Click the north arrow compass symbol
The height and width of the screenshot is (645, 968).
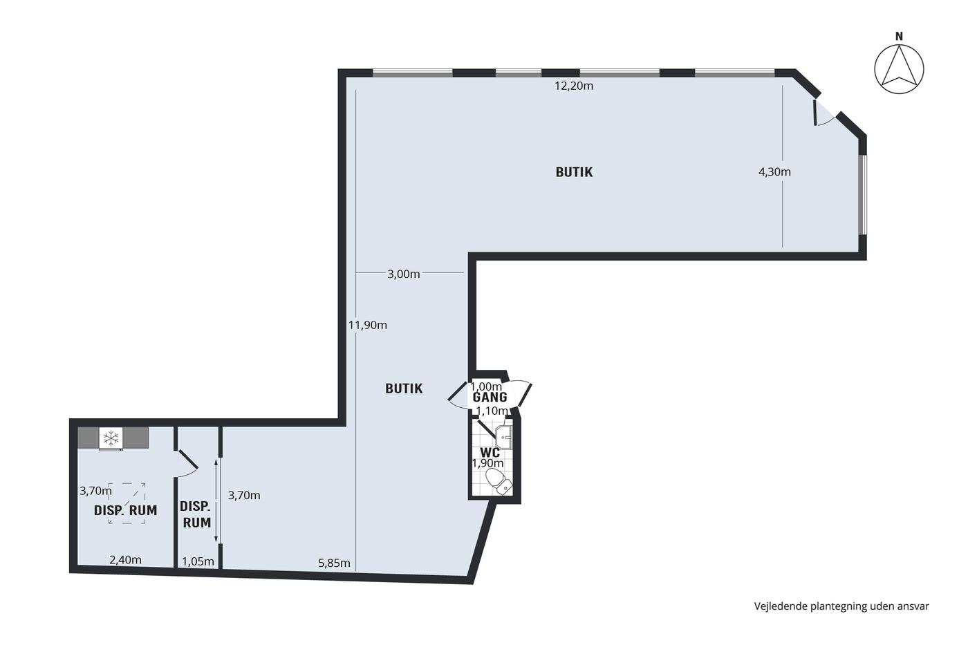click(899, 69)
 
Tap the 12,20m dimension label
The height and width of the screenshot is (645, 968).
click(574, 86)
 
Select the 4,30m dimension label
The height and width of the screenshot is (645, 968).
click(774, 172)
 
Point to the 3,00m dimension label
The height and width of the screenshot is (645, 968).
click(403, 274)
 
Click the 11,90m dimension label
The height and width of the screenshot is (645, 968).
click(368, 325)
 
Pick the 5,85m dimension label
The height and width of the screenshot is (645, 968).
click(334, 563)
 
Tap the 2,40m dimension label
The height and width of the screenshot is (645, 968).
click(125, 560)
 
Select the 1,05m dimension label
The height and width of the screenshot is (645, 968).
click(198, 561)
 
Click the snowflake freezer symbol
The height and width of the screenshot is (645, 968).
click(111, 438)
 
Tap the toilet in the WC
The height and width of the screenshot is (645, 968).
click(499, 482)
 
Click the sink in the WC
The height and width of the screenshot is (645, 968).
click(503, 437)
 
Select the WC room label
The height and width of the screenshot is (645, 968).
click(490, 452)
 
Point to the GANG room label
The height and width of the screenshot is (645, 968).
click(490, 397)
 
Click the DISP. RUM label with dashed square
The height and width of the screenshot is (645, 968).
click(125, 510)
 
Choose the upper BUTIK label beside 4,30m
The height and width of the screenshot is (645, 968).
click(574, 172)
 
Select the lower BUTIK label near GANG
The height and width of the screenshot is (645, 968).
click(404, 389)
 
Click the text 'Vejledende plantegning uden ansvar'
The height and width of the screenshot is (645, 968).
click(841, 606)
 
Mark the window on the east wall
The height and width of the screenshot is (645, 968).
click(863, 194)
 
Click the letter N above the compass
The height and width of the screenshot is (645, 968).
click(899, 37)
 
